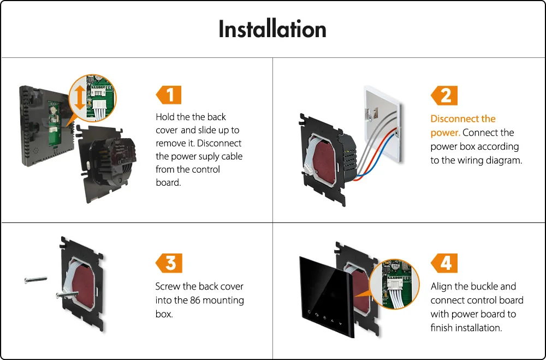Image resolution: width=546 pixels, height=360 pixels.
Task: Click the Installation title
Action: [272, 29]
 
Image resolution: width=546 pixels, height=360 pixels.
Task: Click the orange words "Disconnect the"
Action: [462, 119]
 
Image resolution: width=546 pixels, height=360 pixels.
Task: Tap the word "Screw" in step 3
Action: [168, 287]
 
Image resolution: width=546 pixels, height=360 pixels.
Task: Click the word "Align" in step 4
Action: [442, 287]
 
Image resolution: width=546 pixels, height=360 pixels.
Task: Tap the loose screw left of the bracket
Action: [35, 281]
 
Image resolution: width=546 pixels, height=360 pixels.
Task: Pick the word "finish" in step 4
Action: [443, 328]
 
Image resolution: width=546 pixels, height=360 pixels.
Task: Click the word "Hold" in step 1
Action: [165, 117]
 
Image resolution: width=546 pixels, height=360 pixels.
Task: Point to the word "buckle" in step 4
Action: [483, 287]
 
